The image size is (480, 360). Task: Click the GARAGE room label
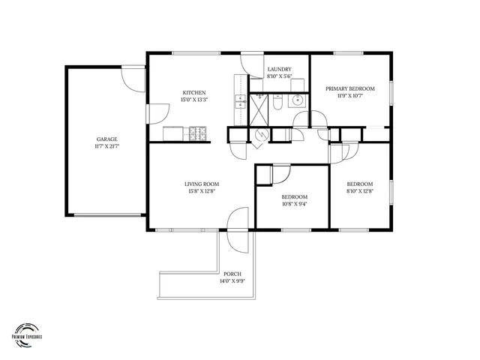click(x=106, y=139)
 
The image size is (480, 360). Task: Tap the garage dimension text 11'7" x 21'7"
click(x=106, y=146)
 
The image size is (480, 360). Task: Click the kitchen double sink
click(x=240, y=102)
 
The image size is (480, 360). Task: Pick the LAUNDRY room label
click(x=280, y=69)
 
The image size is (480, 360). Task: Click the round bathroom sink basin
click(x=298, y=100)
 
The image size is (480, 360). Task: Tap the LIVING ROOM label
click(x=202, y=184)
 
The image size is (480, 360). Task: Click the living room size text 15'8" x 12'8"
click(x=202, y=191)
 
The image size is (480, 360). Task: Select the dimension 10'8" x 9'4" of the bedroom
click(x=294, y=204)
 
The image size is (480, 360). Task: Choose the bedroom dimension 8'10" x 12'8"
click(x=359, y=191)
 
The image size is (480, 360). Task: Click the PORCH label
click(x=232, y=274)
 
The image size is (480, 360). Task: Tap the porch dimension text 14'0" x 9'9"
click(x=232, y=281)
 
